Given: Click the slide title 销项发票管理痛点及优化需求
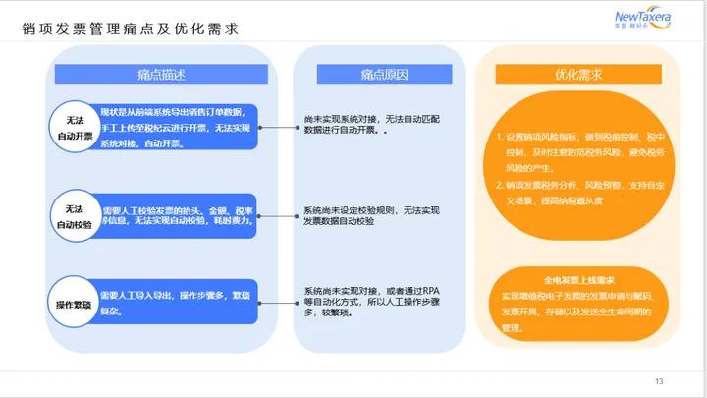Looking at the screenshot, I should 131,29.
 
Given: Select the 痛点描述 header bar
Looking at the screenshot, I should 162,75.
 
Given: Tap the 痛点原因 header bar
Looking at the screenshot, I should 378,75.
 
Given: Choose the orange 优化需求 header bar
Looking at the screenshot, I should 578,75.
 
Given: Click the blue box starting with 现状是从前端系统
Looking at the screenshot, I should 177,128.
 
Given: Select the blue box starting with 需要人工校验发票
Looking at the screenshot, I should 177,216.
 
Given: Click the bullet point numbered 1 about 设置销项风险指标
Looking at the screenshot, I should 578,151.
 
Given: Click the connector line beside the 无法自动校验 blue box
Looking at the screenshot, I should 280,216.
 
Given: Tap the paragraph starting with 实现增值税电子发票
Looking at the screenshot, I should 578,313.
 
